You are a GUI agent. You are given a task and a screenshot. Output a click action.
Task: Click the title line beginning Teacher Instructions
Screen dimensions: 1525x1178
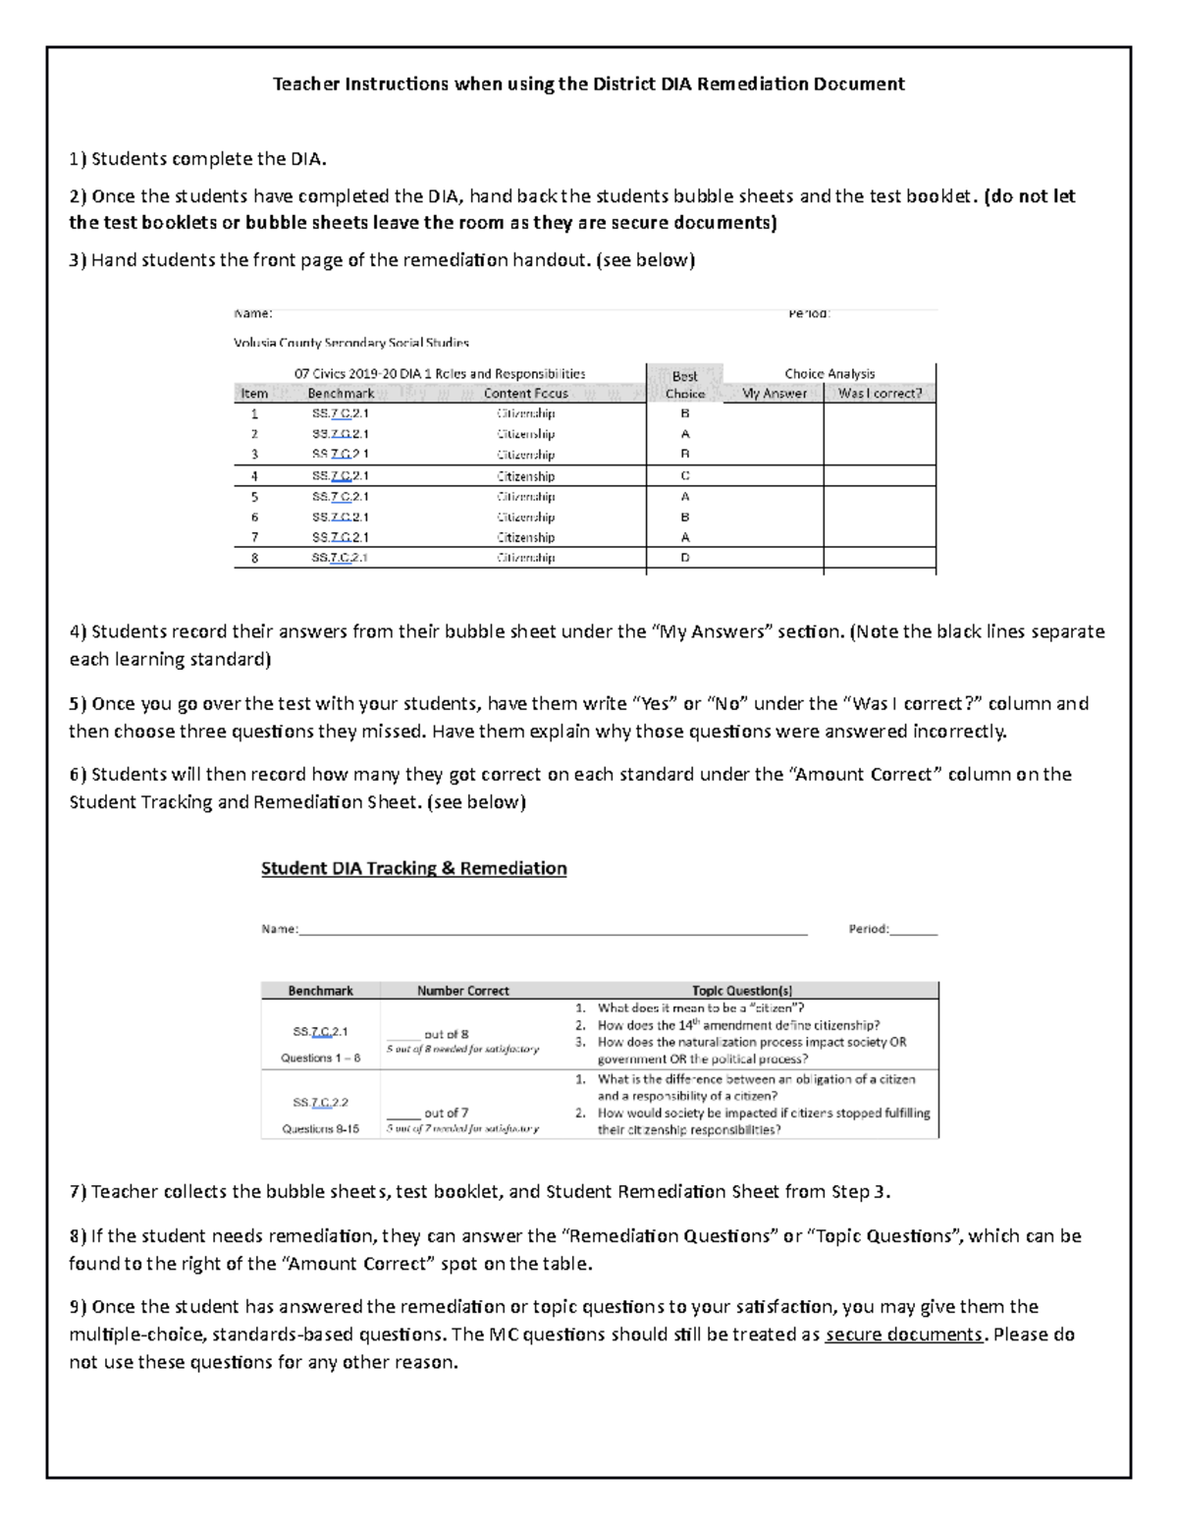point(588,83)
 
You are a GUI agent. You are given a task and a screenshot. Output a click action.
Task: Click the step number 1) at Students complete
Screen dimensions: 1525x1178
point(78,159)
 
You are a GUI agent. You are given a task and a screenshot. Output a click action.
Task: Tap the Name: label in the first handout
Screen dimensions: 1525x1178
point(253,313)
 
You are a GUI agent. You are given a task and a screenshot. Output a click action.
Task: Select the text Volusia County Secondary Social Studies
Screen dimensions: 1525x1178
point(351,343)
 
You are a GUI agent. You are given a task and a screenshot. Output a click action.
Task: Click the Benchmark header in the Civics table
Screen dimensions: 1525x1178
point(341,394)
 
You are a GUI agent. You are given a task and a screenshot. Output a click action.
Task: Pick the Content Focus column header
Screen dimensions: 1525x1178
point(525,394)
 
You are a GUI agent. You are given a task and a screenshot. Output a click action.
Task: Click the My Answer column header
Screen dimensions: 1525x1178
point(774,394)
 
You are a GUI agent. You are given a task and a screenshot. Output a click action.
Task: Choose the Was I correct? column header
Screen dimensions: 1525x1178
point(880,394)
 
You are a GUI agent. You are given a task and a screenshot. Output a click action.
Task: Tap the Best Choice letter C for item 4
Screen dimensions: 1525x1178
point(685,476)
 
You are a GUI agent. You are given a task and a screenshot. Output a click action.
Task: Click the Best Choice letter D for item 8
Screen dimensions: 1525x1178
point(685,558)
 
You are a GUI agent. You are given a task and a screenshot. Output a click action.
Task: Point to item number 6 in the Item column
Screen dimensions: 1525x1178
point(254,517)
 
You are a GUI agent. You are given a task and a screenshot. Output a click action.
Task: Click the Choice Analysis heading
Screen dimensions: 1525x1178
point(830,374)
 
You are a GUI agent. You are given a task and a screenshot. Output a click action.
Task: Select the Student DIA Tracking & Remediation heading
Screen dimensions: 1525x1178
point(413,868)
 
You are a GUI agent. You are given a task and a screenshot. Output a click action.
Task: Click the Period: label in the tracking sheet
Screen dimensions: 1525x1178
point(868,929)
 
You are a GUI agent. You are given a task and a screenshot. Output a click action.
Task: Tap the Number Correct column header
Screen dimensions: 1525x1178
point(462,991)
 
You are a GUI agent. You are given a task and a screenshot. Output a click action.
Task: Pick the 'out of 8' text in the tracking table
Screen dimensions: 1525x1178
point(446,1034)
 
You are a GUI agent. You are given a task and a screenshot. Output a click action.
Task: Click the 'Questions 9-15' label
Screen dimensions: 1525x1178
point(320,1129)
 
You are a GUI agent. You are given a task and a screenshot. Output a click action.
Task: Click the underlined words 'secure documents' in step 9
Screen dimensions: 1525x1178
point(903,1334)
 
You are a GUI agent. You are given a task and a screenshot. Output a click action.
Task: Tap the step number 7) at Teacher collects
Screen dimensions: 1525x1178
point(78,1192)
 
